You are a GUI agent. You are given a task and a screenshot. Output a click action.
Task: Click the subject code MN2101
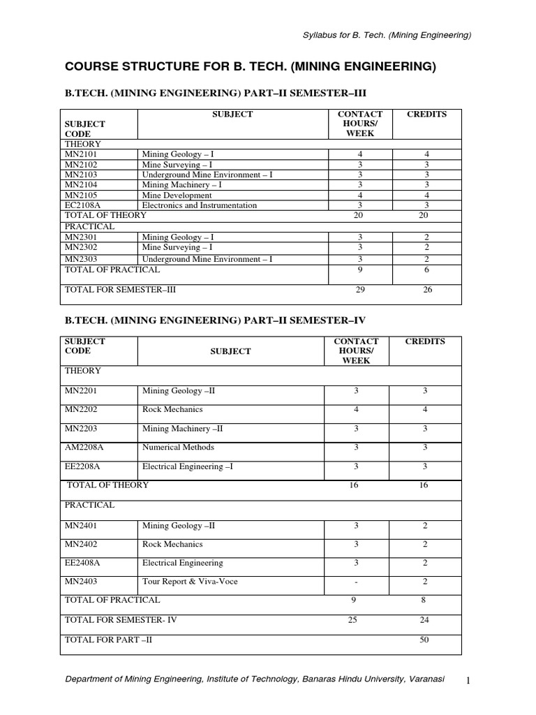80,154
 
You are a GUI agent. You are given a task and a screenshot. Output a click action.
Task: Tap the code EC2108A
82,205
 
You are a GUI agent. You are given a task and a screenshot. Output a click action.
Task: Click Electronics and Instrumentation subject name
200,205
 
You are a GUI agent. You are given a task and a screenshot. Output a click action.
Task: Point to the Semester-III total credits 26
427,290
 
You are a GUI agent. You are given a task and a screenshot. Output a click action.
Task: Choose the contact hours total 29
360,290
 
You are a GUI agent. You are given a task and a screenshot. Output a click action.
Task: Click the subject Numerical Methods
178,448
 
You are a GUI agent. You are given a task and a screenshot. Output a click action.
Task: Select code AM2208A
84,448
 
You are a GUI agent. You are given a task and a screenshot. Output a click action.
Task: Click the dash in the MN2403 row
356,581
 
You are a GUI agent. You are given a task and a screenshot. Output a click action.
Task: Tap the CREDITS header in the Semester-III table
426,115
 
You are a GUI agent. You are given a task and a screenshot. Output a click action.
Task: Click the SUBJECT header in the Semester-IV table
230,351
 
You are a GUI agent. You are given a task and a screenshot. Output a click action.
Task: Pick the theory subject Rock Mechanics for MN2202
172,410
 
